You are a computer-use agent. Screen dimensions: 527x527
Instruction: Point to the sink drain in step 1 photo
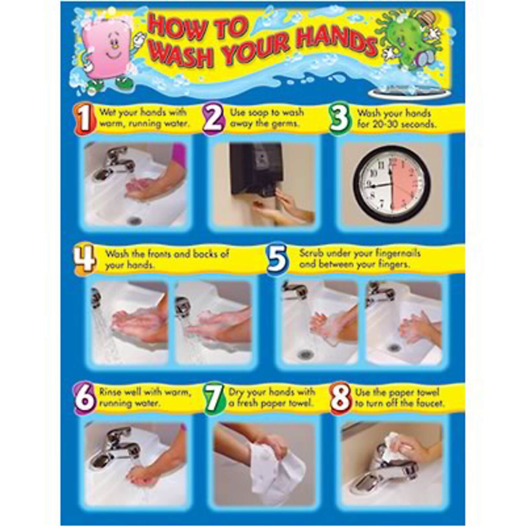134,220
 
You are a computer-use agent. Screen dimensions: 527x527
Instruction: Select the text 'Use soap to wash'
267,113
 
